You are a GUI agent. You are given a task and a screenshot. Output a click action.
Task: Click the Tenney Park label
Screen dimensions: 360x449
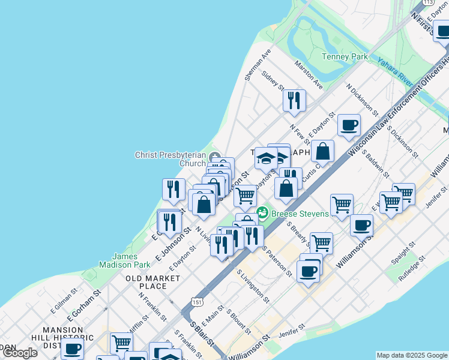point(345,56)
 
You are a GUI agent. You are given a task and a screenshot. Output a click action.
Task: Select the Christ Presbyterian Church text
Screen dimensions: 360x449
point(170,159)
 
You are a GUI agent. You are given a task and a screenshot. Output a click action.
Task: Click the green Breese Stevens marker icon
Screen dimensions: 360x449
point(262,213)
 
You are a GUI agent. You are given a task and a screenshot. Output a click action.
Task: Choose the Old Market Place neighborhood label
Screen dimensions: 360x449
point(152,282)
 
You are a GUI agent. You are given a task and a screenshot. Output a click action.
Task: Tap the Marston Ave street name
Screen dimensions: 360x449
point(308,75)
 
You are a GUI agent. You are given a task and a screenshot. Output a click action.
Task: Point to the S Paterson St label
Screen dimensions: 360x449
point(277,261)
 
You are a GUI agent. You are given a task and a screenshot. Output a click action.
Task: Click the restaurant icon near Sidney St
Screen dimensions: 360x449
point(294,100)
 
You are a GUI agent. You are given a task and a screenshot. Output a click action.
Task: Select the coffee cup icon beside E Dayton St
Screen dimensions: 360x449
point(349,125)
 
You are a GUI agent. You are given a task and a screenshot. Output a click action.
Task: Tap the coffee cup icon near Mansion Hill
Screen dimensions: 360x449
point(72,349)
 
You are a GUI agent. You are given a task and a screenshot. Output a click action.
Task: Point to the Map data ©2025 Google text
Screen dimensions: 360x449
point(411,355)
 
